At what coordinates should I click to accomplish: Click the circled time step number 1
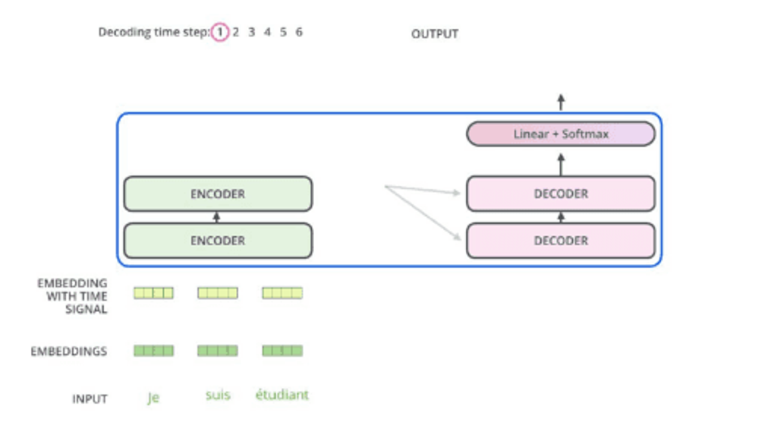[219, 33]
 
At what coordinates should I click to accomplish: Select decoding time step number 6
[299, 33]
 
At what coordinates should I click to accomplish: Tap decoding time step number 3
[251, 33]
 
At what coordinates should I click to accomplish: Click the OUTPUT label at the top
[435, 34]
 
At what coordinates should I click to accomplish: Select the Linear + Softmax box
[561, 134]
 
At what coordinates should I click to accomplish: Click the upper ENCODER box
[218, 194]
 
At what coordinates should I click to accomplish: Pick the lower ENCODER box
[218, 241]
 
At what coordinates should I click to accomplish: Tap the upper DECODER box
[561, 194]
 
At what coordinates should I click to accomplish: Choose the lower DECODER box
[561, 241]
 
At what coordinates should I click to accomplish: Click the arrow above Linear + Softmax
[561, 102]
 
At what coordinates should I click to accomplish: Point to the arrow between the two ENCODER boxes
[217, 217]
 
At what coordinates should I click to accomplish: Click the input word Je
[153, 398]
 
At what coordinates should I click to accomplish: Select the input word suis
[218, 395]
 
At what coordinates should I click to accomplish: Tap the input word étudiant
[282, 395]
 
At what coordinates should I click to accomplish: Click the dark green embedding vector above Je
[153, 351]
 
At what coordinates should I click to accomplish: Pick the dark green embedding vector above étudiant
[282, 351]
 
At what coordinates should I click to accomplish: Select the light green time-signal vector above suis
[218, 293]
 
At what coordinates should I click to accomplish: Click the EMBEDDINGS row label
[69, 352]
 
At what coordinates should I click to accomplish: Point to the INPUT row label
[90, 399]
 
